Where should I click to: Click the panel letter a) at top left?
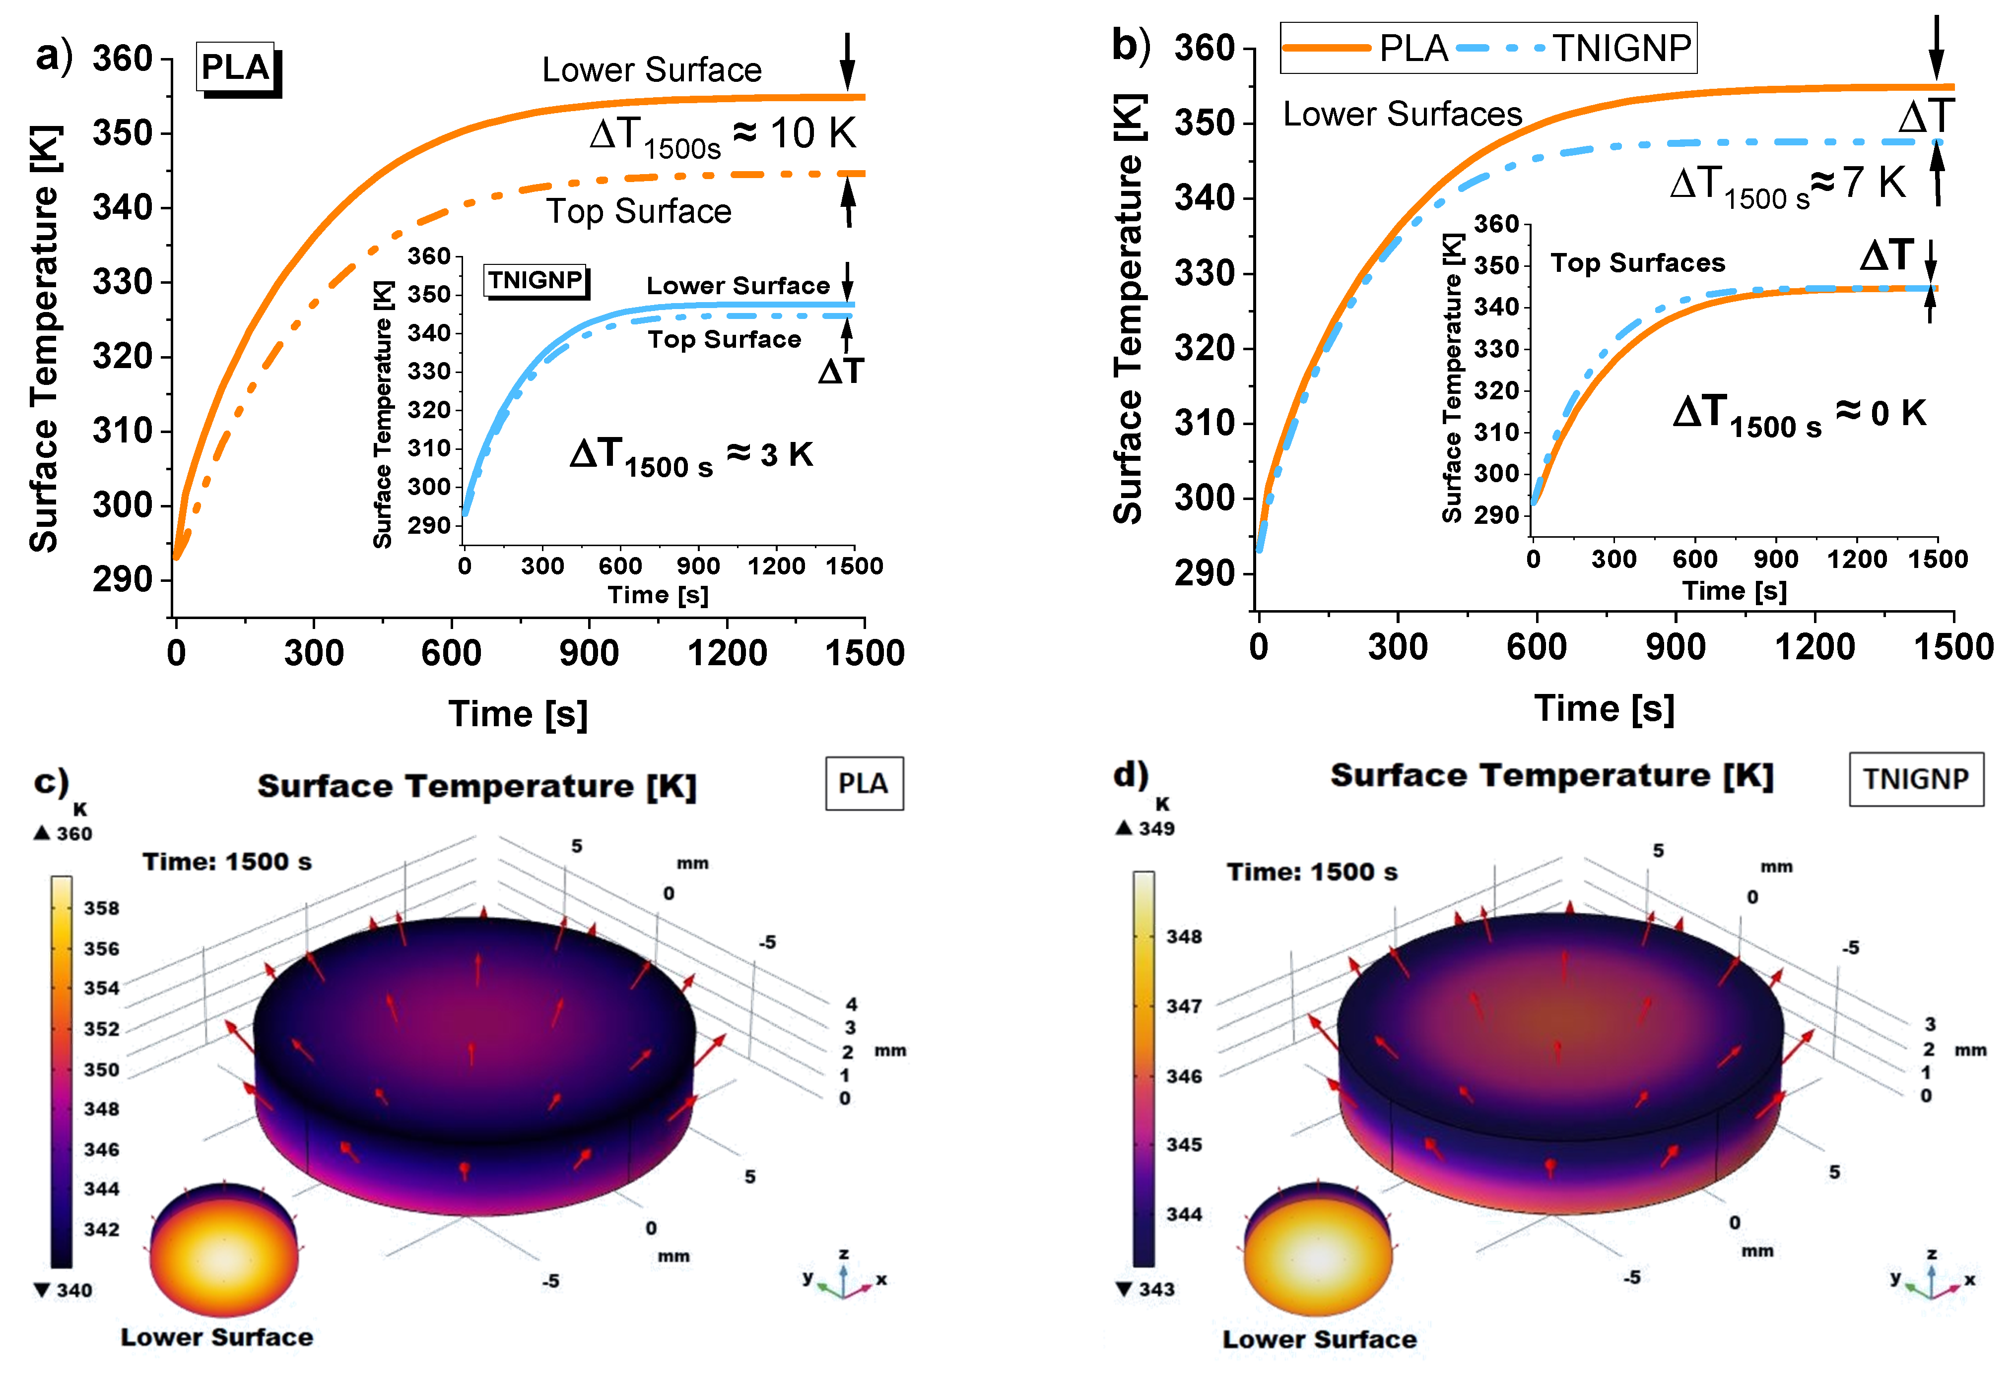(54, 57)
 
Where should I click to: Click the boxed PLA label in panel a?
(235, 67)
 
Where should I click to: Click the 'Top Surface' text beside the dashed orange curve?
(639, 211)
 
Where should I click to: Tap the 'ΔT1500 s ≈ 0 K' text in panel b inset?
(1799, 414)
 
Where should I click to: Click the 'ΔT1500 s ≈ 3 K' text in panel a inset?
(691, 455)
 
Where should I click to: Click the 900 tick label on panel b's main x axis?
(1675, 647)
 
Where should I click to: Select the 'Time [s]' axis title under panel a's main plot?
(518, 714)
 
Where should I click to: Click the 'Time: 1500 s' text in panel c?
(227, 862)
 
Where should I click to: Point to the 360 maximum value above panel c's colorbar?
(73, 833)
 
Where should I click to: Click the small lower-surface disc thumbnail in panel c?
(224, 1248)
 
